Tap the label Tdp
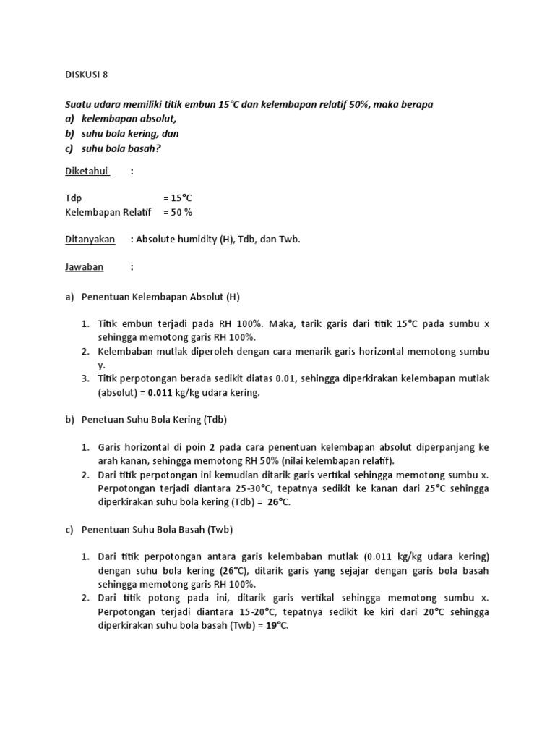[x=73, y=198]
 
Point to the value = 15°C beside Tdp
[x=177, y=198]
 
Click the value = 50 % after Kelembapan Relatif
[x=178, y=212]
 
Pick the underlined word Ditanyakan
[x=90, y=240]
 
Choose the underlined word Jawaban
[x=85, y=267]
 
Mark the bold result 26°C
[x=278, y=502]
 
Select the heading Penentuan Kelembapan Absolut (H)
[x=160, y=296]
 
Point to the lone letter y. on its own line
[x=102, y=365]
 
